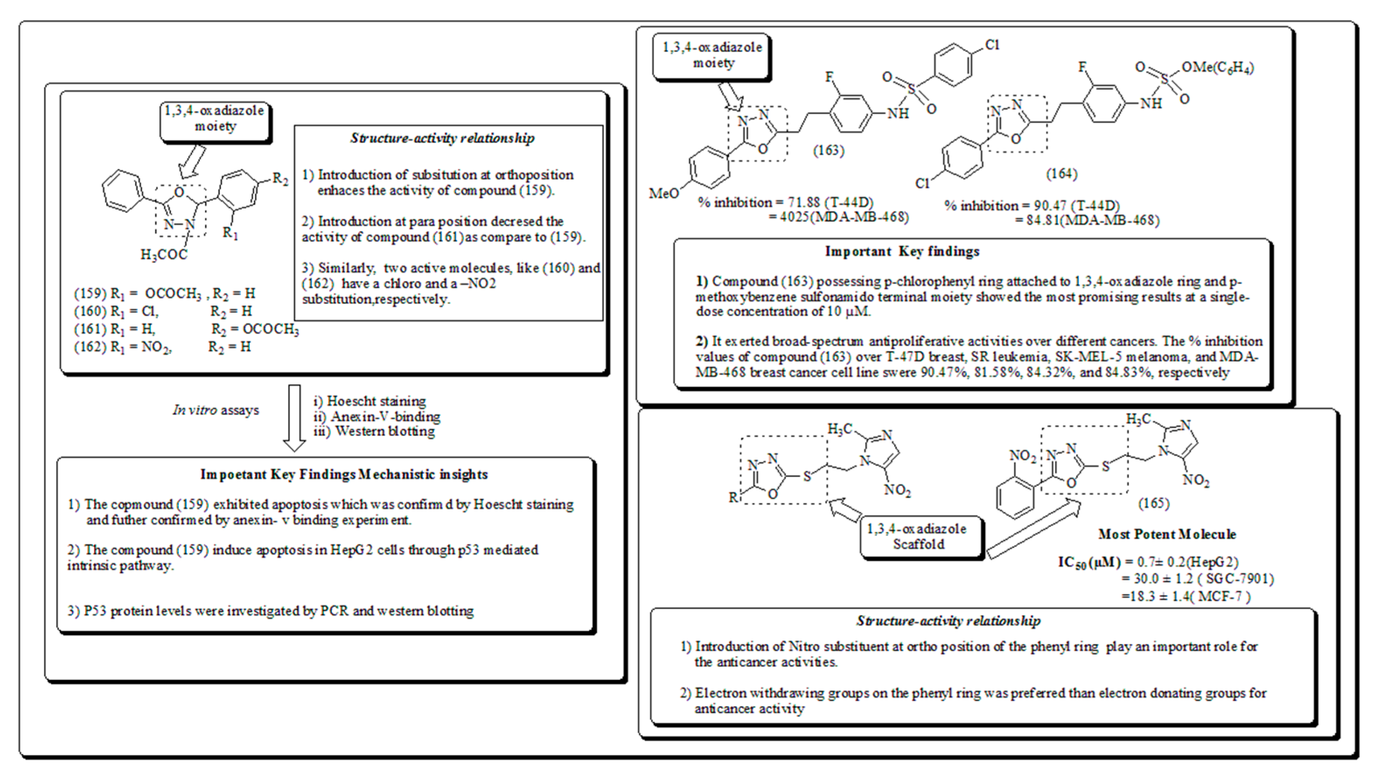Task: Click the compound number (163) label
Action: (828, 150)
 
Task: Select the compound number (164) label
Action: (1062, 174)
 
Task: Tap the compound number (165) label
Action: (1153, 503)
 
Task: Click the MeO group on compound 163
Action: (664, 193)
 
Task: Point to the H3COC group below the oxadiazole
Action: (164, 254)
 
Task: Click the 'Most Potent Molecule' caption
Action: (1167, 534)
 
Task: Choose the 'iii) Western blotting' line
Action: (374, 431)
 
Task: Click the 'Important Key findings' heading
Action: (902, 251)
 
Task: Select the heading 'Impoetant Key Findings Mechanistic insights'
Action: (344, 474)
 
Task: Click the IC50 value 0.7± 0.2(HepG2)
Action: (1187, 562)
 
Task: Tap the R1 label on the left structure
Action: (230, 233)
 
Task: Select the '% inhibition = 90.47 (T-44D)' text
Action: (1032, 206)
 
